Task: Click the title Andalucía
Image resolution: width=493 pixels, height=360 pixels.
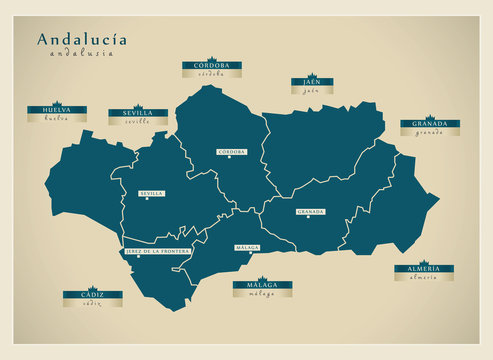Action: coord(82,40)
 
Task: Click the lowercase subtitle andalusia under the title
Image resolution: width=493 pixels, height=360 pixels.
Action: coord(82,54)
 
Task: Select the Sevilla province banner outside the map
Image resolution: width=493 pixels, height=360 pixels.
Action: coord(138,114)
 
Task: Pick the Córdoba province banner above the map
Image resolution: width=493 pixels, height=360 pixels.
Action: coord(211,66)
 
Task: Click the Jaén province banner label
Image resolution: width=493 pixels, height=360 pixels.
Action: coord(311,83)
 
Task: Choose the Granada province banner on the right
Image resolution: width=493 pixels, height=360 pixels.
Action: coord(429,125)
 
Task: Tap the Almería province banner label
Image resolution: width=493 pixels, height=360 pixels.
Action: coord(423,270)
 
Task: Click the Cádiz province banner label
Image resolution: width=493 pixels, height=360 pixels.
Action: coord(93,295)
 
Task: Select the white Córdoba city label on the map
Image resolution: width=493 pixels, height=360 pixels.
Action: coord(231,152)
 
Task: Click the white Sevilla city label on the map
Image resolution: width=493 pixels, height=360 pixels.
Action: coord(152,193)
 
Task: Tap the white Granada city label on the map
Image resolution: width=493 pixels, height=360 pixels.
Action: coord(310,212)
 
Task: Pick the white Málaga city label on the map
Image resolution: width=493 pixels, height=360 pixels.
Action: coord(247,247)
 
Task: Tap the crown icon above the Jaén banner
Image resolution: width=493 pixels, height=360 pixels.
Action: coord(311,75)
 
